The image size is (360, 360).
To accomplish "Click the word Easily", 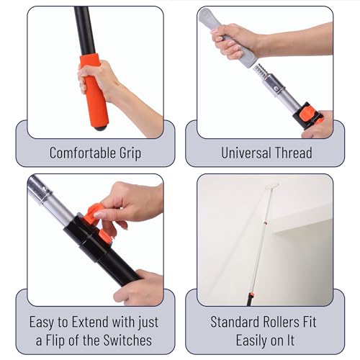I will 252,339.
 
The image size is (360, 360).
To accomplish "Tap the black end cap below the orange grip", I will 102,127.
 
